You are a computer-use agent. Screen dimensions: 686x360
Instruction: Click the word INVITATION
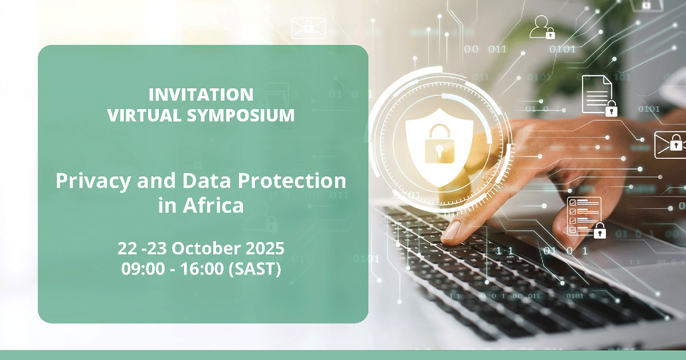[201, 95]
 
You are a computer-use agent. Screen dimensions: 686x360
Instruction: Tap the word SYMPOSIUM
[241, 115]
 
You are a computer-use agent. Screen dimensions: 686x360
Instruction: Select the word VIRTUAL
[144, 115]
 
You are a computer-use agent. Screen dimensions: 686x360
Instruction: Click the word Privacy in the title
[93, 182]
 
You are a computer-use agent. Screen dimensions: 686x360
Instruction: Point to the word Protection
[292, 181]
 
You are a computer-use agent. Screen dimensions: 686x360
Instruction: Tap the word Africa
[213, 205]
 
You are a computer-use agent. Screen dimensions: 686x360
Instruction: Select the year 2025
[265, 248]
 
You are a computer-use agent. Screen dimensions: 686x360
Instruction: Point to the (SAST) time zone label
[255, 269]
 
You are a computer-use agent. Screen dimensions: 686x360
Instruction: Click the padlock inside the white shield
[440, 143]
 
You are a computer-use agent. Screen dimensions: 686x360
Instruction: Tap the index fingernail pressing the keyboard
[451, 230]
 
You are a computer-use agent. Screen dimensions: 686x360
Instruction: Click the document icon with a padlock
[599, 95]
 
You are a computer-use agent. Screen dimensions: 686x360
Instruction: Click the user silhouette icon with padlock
[542, 27]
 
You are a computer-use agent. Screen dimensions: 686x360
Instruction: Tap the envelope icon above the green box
[308, 28]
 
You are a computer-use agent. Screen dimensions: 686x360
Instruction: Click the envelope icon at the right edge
[670, 145]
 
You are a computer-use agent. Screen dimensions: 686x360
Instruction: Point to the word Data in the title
[206, 181]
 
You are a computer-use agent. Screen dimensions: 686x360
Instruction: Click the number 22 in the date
[127, 248]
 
